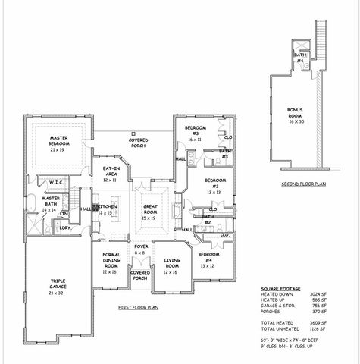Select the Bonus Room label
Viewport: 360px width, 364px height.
tap(295, 115)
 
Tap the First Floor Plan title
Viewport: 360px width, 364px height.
tap(138, 307)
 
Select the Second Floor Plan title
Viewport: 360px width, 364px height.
tap(302, 184)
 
